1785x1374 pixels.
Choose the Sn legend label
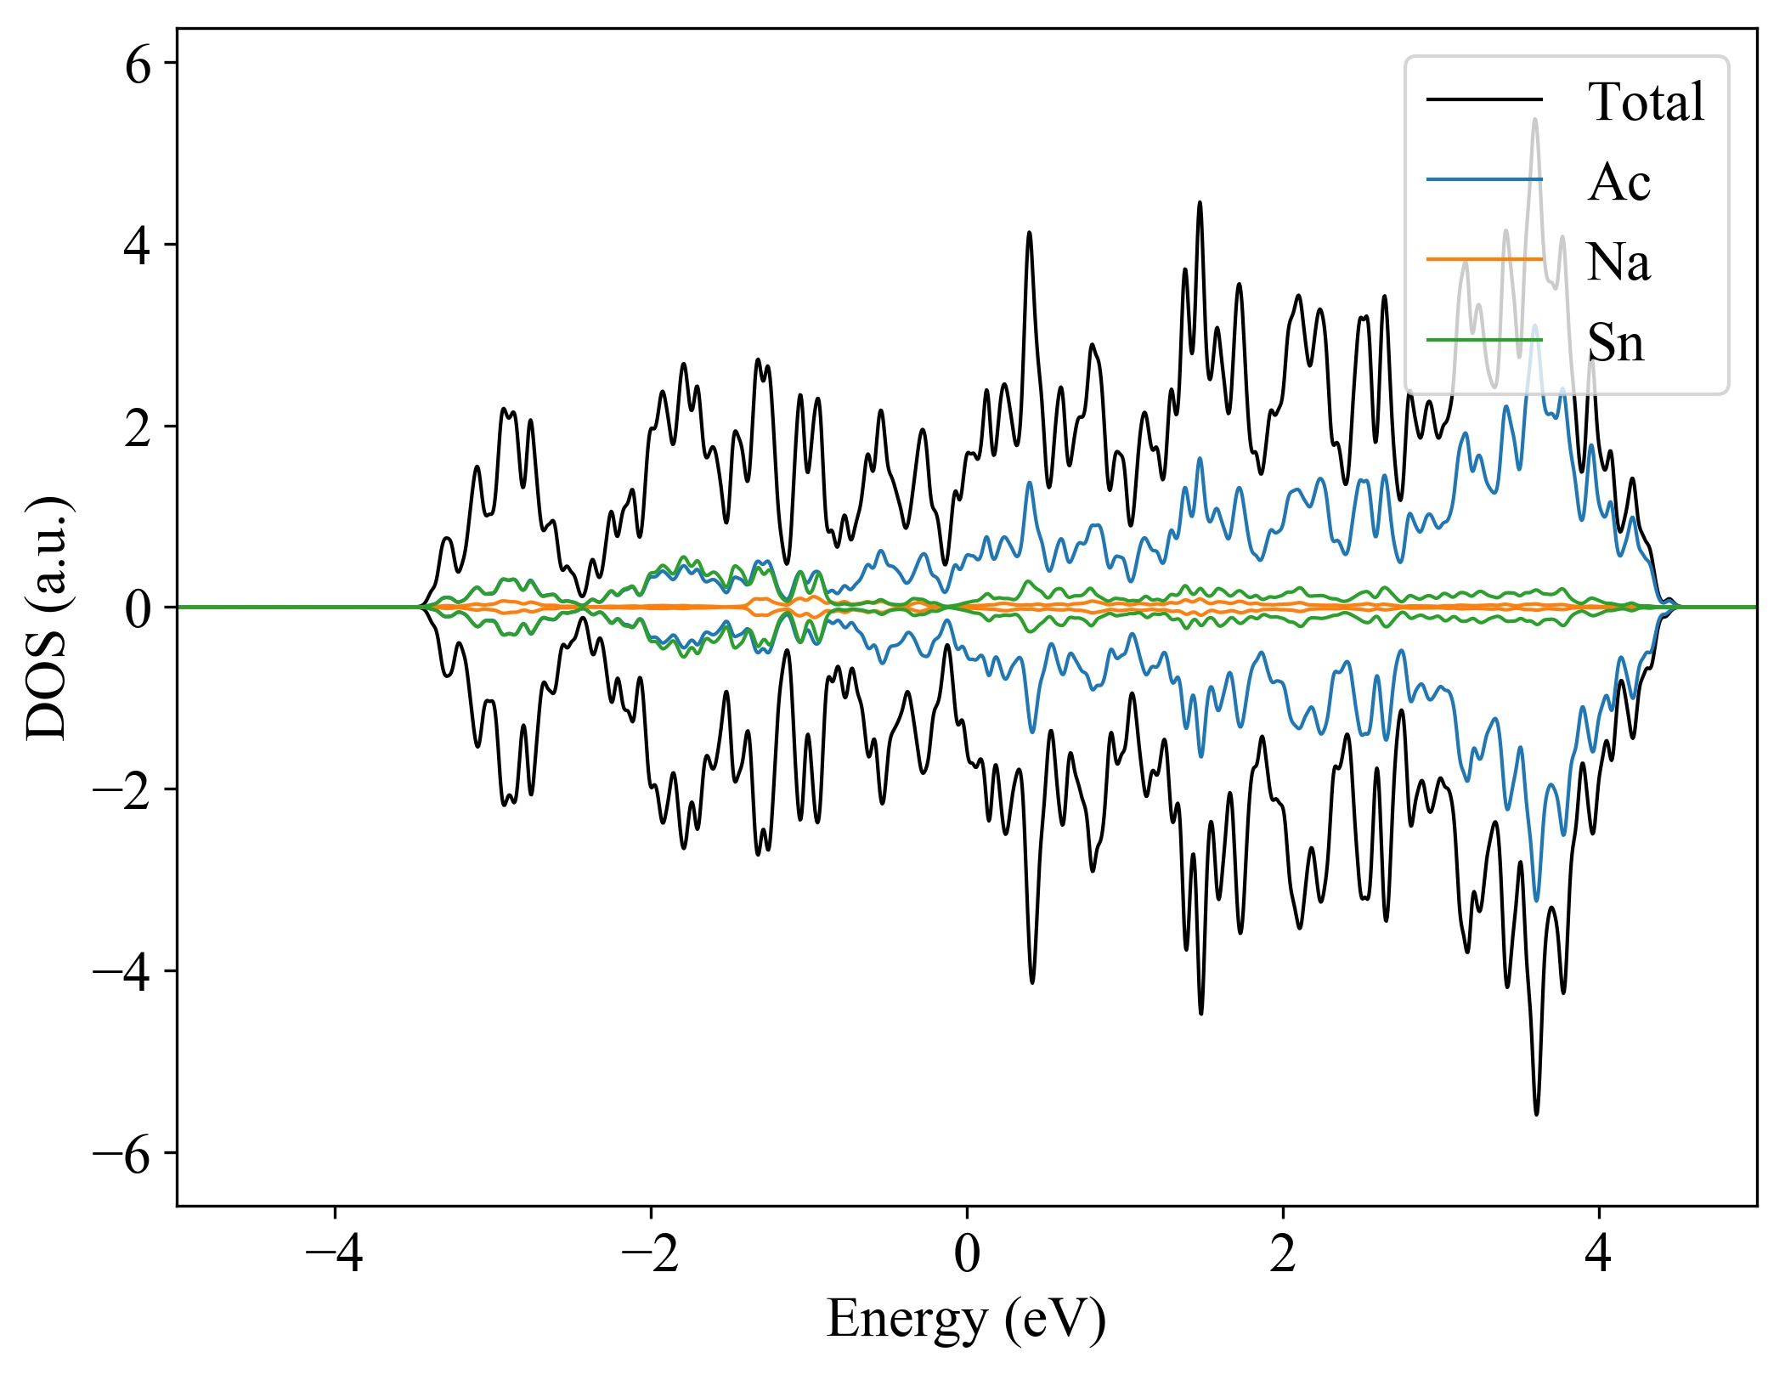[x=1615, y=342]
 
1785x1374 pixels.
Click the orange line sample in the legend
[x=1483, y=259]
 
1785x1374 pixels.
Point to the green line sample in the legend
[x=1483, y=340]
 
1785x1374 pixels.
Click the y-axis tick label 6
[x=138, y=65]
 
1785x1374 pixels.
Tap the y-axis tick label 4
[x=138, y=246]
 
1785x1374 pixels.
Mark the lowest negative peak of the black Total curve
[x=1536, y=1113]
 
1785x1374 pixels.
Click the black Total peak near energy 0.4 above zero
[x=1030, y=233]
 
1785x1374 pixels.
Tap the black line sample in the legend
[x=1483, y=99]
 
